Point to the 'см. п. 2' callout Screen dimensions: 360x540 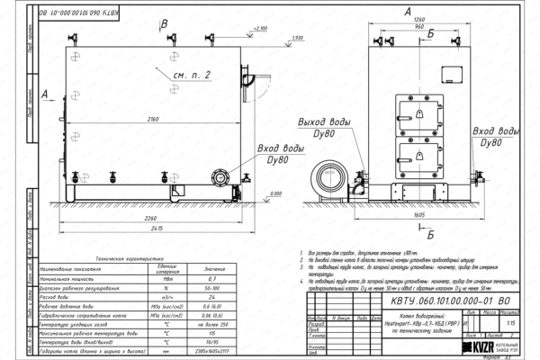pos(191,73)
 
